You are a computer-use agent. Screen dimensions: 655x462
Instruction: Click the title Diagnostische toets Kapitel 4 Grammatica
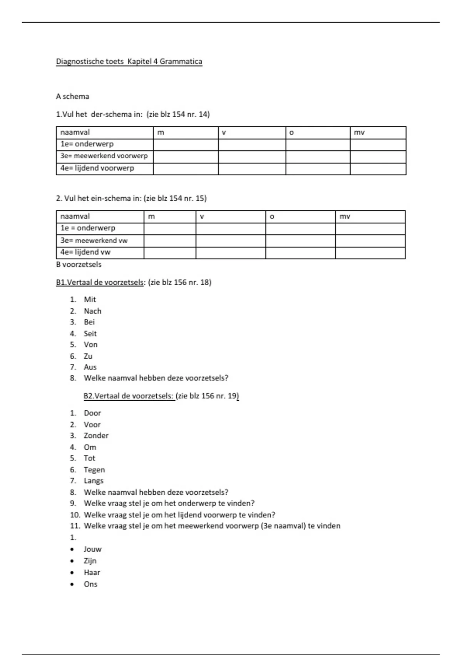[129, 62]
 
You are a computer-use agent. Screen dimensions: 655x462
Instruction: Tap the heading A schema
[72, 96]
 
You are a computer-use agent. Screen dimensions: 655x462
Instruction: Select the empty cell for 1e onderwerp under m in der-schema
[186, 144]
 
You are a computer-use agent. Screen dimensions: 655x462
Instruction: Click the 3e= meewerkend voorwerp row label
[104, 156]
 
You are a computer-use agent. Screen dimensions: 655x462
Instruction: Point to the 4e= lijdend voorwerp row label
[97, 168]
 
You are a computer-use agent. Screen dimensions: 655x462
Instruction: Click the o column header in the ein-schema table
[272, 217]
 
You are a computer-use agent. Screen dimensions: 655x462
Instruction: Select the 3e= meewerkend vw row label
[94, 240]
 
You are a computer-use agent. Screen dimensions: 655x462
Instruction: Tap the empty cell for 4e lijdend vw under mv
[370, 252]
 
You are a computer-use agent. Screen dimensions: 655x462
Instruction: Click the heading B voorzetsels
[79, 265]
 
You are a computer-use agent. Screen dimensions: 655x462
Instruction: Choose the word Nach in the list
[92, 311]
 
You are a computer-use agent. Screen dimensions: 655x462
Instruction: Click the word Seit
[90, 334]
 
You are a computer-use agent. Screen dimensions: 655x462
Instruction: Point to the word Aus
[90, 367]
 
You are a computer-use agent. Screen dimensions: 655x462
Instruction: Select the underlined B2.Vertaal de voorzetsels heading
[129, 396]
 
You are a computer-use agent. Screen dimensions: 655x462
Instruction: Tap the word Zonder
[96, 436]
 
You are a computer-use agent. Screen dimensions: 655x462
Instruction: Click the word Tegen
[94, 470]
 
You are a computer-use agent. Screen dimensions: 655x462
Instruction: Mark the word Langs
[94, 481]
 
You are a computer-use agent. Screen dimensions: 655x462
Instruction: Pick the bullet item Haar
[92, 573]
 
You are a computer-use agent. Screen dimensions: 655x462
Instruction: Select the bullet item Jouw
[92, 549]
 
